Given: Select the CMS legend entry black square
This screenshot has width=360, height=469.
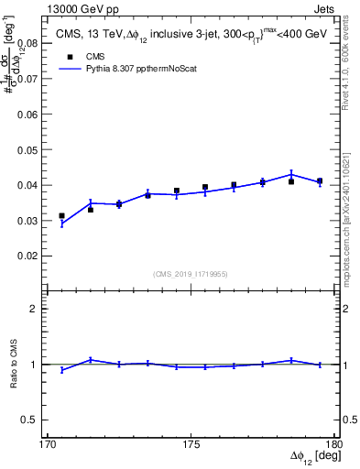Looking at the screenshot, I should pos(70,55).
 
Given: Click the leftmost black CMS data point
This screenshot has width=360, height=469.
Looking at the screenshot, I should pos(61,216).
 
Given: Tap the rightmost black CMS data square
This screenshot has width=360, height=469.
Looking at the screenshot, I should pos(320,181).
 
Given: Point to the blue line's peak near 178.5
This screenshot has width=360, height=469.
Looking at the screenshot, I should pos(291,173).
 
